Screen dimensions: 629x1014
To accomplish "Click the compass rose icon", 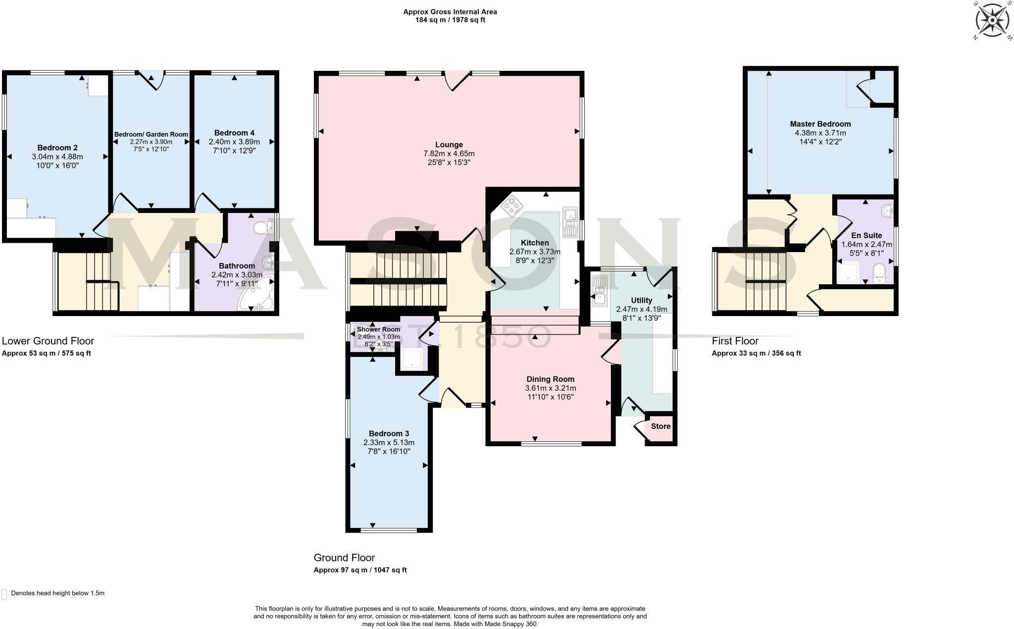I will [x=992, y=20].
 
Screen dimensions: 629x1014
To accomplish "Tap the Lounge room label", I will [x=449, y=145].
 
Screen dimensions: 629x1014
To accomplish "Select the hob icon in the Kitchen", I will [x=512, y=206].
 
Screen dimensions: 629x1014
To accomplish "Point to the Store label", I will [x=660, y=426].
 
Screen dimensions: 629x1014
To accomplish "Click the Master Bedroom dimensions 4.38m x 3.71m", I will [x=820, y=133].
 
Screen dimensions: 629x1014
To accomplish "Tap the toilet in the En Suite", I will [x=879, y=273].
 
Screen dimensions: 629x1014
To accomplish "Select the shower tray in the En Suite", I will [x=849, y=272].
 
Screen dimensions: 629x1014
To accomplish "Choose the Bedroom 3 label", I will [x=389, y=433].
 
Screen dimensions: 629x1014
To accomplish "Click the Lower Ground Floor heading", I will [x=48, y=341].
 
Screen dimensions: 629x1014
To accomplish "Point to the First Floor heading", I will [x=735, y=341].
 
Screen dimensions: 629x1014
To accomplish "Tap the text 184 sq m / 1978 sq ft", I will [x=450, y=20].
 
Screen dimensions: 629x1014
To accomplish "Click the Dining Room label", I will [x=550, y=379].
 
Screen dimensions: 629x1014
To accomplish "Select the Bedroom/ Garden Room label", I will [x=151, y=134].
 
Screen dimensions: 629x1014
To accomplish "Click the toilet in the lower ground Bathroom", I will [x=262, y=227].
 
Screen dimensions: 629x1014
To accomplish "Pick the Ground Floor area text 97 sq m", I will [x=360, y=570].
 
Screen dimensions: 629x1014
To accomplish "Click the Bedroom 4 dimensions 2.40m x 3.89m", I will [x=234, y=142].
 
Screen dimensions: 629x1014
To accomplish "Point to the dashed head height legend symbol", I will [x=4, y=594].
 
